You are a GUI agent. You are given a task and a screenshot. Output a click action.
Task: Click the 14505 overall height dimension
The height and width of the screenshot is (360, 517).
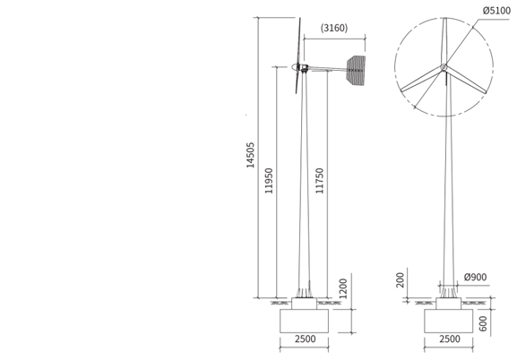251,155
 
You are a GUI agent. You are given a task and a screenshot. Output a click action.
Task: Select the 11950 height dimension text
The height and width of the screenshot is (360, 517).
269,181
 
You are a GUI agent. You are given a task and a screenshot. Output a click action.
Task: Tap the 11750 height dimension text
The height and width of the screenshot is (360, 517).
320,181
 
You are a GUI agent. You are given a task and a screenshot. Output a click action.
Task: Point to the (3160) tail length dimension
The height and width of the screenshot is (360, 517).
334,28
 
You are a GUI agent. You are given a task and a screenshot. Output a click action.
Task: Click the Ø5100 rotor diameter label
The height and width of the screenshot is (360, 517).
496,11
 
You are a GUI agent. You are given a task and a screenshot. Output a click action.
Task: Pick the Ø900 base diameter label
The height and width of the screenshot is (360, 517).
475,278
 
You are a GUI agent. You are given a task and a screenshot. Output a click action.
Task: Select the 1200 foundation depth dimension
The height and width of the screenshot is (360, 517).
343,288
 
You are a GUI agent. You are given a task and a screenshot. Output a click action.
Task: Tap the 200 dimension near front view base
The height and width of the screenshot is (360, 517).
400,280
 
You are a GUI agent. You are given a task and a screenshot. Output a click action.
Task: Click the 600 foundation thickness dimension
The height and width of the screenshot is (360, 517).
483,323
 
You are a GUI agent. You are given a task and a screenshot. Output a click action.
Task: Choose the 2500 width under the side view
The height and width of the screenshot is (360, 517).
306,339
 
